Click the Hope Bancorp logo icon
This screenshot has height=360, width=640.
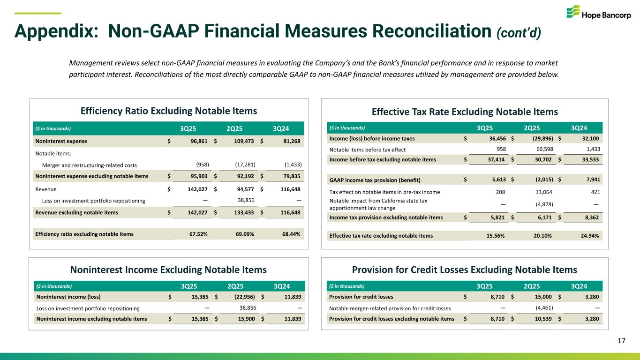coord(573,12)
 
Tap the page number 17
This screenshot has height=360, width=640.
coord(621,341)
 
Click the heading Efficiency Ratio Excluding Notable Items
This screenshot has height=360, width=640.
coord(169,111)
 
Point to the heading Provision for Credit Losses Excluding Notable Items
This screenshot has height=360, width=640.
coord(464,270)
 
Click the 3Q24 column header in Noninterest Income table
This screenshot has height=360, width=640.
coord(281,286)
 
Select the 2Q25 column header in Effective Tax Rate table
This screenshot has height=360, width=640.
coord(534,127)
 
